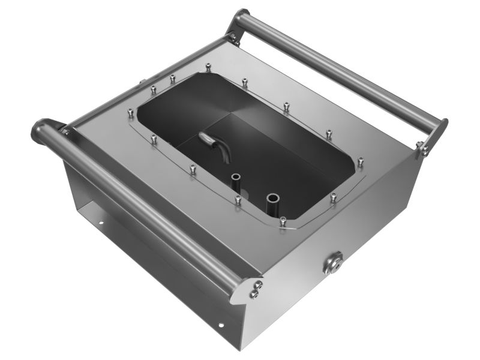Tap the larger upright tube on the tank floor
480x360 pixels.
pos(274,198)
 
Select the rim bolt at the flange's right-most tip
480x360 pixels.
pos(360,161)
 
